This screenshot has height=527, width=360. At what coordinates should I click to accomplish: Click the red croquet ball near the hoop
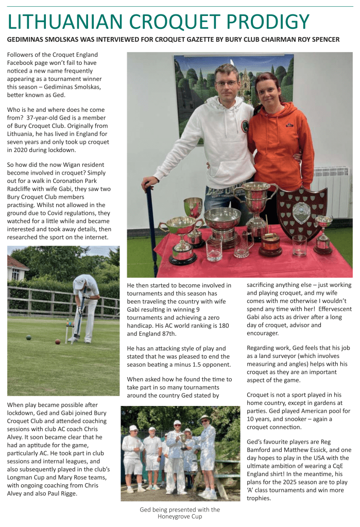[58, 341]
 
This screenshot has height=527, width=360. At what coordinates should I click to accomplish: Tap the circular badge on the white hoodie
[245, 126]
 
